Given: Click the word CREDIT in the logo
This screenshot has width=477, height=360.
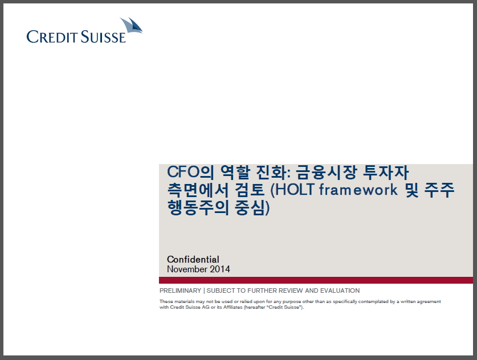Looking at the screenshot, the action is [x=51, y=37].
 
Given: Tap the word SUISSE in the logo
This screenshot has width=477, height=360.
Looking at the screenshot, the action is [x=103, y=37].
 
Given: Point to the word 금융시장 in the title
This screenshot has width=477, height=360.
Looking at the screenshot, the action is [x=327, y=172].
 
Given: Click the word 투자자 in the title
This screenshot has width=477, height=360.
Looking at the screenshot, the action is [x=386, y=172].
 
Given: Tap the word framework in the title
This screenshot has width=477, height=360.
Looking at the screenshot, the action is [x=358, y=190].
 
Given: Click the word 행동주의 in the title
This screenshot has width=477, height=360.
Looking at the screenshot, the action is [x=198, y=208].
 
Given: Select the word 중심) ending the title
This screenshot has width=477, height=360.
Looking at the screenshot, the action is [x=252, y=208].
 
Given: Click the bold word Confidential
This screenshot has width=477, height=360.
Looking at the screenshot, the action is [x=193, y=259].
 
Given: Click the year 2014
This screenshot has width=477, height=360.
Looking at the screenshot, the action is [x=220, y=269].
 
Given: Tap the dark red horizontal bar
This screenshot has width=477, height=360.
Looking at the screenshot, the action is [x=316, y=280].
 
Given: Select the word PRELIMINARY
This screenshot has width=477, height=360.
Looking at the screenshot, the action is [x=181, y=291].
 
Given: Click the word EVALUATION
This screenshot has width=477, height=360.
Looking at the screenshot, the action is [x=340, y=291].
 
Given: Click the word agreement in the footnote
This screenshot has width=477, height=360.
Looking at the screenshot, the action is [x=429, y=302].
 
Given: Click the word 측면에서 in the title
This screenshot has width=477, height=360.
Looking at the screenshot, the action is [x=198, y=190].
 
